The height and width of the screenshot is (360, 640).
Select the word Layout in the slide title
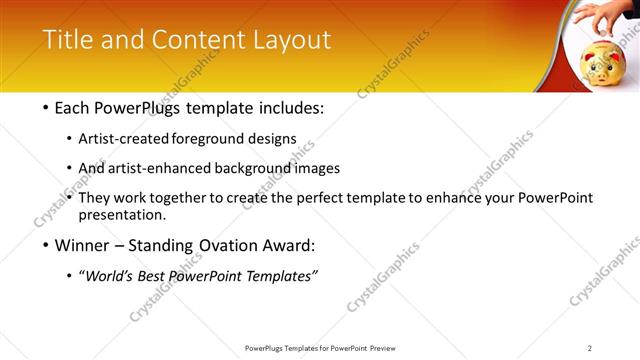[x=291, y=40]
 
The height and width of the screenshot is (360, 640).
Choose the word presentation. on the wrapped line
[x=129, y=214]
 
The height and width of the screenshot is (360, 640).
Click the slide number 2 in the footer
[x=590, y=347]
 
